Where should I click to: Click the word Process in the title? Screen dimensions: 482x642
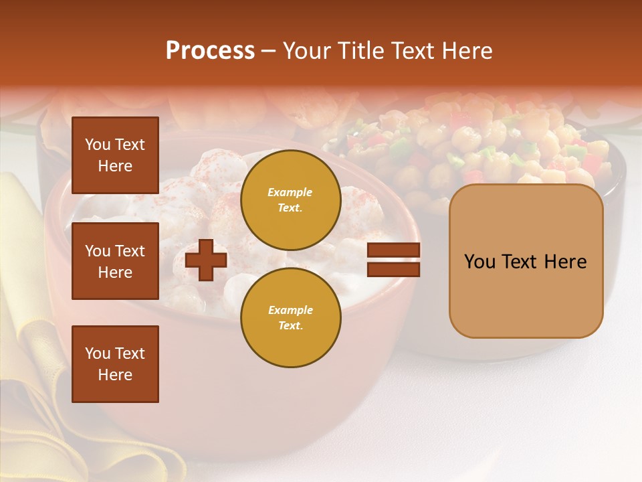[x=210, y=51]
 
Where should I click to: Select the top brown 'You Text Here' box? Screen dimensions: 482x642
[x=115, y=155]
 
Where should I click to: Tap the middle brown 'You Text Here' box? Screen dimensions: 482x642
[x=115, y=261]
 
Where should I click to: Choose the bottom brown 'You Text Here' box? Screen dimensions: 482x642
[x=115, y=364]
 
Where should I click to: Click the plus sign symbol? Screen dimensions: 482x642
[x=206, y=260]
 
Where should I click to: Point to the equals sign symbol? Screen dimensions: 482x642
[x=393, y=260]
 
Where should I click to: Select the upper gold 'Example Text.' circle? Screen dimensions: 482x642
[x=290, y=199]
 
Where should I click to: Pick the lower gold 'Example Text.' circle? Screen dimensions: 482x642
[x=290, y=317]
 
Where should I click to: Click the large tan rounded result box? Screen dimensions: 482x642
[x=526, y=261]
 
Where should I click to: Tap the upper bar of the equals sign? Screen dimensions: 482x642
[x=393, y=250]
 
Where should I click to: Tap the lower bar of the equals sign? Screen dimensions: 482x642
[x=393, y=269]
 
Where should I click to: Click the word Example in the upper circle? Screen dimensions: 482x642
[x=290, y=192]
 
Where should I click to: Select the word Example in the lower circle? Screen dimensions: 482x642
[x=290, y=310]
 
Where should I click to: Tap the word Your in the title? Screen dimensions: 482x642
[x=305, y=51]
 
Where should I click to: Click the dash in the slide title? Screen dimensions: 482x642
[x=268, y=52]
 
